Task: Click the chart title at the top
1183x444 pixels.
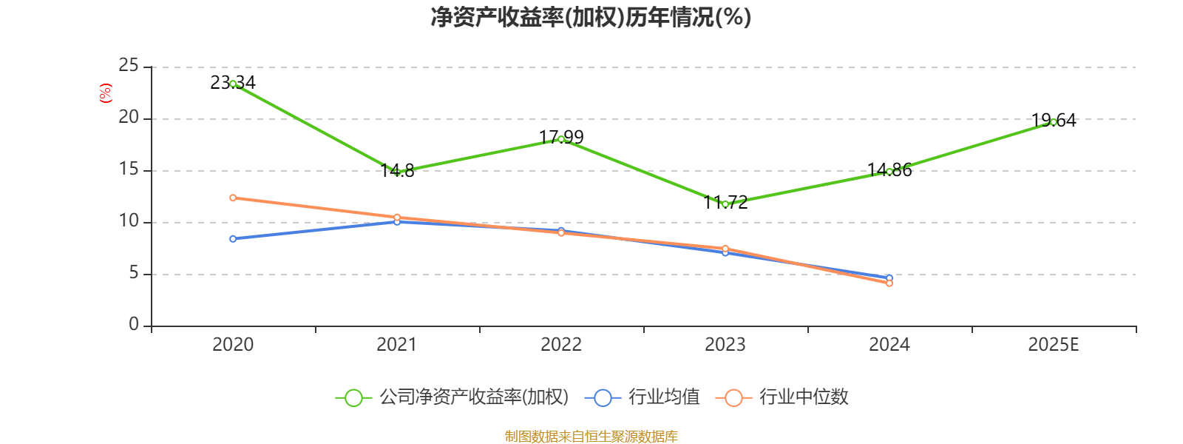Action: click(x=591, y=17)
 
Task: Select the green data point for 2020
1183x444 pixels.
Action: click(x=233, y=84)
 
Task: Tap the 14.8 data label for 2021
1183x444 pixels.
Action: click(x=397, y=171)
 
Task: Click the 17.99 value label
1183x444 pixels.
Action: click(x=561, y=137)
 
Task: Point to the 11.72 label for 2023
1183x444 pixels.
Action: click(x=725, y=202)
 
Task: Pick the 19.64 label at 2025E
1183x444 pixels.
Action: click(x=1054, y=120)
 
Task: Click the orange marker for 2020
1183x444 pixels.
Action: click(x=233, y=198)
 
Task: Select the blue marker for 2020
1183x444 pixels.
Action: click(x=233, y=238)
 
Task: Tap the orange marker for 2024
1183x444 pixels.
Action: click(x=889, y=283)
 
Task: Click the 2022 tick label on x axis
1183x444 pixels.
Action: click(x=561, y=344)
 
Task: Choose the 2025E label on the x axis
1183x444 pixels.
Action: click(x=1054, y=344)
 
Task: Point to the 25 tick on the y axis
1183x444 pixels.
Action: click(x=129, y=66)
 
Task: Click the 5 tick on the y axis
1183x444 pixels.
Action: click(x=134, y=273)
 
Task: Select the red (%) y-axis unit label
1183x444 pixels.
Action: click(x=106, y=93)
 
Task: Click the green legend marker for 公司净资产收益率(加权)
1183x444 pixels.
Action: click(x=353, y=397)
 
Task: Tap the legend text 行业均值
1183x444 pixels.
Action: click(x=664, y=397)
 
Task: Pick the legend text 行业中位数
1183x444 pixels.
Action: click(x=804, y=397)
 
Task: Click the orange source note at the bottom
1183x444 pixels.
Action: click(x=591, y=436)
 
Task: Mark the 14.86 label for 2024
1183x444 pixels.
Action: click(x=889, y=169)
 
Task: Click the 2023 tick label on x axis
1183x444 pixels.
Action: click(x=725, y=344)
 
